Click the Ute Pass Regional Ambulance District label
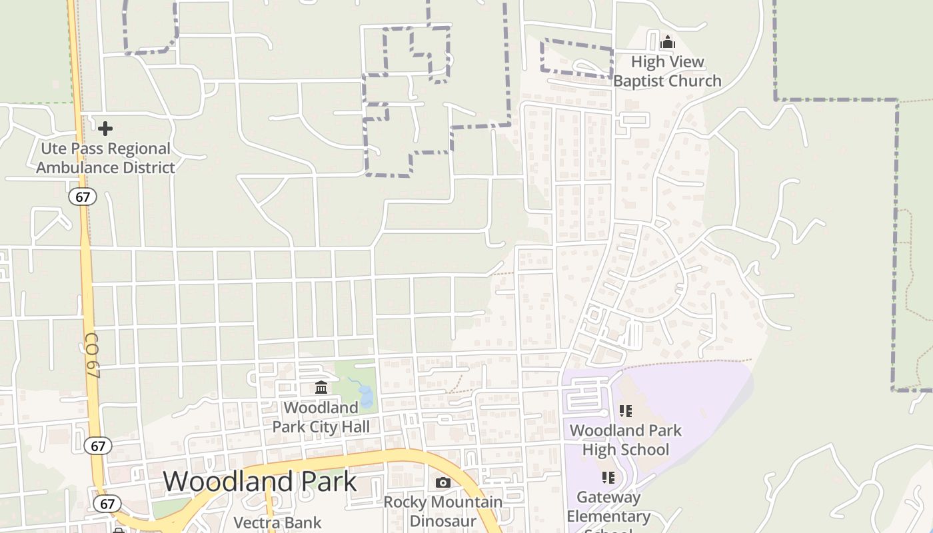point(105,158)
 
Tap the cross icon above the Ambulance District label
point(105,128)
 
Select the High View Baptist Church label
point(667,71)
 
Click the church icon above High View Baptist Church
point(667,43)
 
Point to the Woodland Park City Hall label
point(321,416)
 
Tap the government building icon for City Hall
point(321,387)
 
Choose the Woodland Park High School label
point(625,440)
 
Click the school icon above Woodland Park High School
point(625,411)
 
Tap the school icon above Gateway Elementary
point(608,477)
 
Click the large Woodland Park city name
point(260,481)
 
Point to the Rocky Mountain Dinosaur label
point(443,511)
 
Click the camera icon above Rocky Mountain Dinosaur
point(443,482)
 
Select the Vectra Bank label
point(277,523)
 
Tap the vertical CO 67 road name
point(92,356)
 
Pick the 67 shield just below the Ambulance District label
point(82,197)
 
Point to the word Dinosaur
point(443,520)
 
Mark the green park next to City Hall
point(355,373)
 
